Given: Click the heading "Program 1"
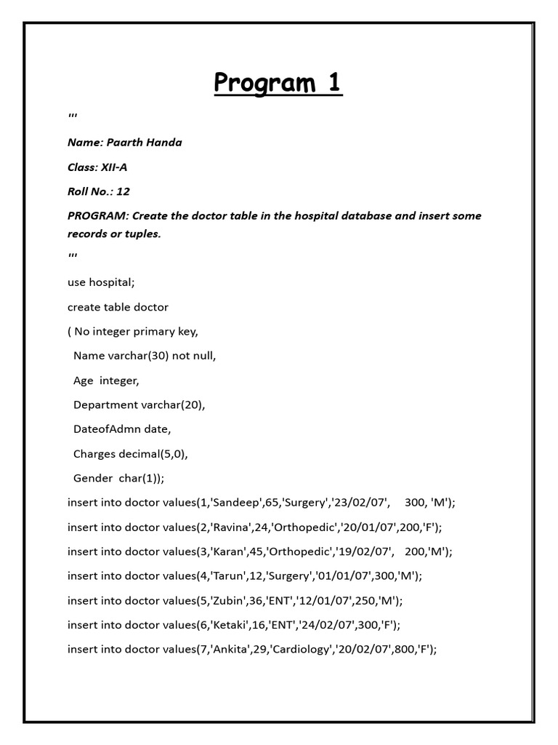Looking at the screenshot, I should coord(278,83).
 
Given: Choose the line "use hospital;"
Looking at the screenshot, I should coord(102,282).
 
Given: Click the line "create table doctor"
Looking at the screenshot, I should coord(118,307).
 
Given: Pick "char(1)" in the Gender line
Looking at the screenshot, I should coord(148,479).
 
